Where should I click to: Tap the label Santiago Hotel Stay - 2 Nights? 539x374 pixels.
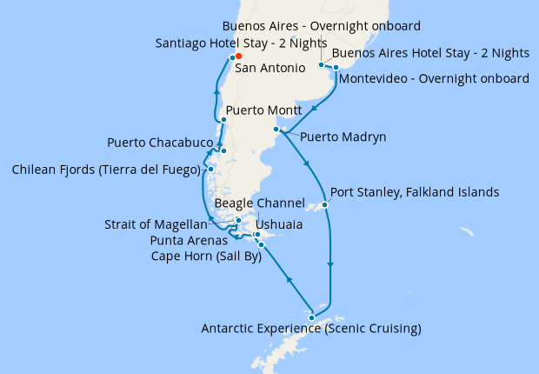point(241,43)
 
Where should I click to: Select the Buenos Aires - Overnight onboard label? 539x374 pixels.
point(322,26)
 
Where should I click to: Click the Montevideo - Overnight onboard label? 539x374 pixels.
point(434,79)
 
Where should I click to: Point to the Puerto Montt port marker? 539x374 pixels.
point(224,120)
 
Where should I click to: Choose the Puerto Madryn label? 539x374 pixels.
point(343,137)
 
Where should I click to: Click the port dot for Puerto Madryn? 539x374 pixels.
point(276,130)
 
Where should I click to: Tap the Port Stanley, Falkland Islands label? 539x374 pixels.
point(415,191)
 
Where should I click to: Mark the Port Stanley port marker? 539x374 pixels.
point(324,205)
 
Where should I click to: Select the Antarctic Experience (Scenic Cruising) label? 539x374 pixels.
point(311,329)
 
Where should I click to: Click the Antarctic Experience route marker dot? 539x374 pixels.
point(311,317)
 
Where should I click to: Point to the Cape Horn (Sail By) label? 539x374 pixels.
point(206,256)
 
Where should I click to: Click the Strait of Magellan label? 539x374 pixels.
point(156,224)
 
